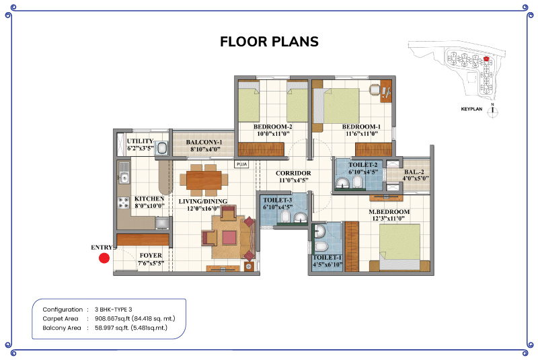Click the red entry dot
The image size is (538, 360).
click(104, 258)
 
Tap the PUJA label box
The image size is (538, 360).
click(241, 164)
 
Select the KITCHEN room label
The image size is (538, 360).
click(149, 199)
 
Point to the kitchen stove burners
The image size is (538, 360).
click(124, 203)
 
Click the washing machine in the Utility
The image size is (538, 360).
click(161, 148)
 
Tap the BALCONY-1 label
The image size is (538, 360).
click(204, 142)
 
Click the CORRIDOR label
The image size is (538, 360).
click(293, 174)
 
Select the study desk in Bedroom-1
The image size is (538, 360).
click(386, 91)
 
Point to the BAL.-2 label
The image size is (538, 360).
click(414, 172)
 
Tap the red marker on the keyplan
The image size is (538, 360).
click(486, 59)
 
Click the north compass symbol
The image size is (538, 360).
click(493, 111)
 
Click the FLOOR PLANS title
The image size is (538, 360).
click(270, 42)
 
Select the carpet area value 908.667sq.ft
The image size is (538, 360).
click(112, 318)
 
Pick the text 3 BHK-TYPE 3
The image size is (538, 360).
click(113, 310)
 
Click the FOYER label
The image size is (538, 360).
click(151, 255)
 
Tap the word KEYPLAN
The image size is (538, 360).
click(471, 109)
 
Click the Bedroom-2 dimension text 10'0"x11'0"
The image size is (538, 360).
click(274, 133)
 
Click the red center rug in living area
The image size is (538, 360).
click(229, 238)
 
